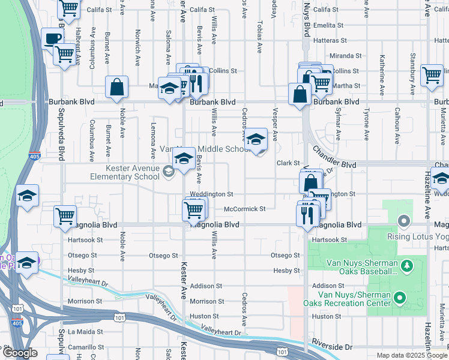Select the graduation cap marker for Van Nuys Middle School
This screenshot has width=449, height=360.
256,139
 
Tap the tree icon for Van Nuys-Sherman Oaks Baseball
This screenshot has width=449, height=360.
406,265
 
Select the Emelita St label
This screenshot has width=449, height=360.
328,26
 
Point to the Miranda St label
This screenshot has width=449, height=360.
346,56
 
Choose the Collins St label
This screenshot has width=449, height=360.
223,71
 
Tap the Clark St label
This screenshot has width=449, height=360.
288,163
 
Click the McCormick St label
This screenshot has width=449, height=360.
244,209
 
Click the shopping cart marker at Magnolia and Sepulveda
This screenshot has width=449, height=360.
65,216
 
